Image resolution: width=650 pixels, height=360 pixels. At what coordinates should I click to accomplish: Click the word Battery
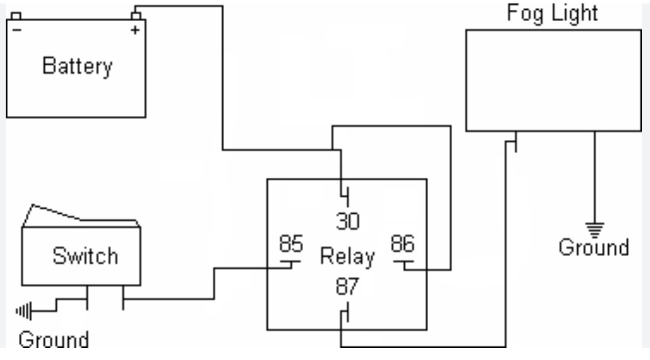(77, 66)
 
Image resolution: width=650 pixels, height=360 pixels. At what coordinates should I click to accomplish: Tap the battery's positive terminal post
(136, 14)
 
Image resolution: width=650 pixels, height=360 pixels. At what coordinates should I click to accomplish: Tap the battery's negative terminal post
(16, 15)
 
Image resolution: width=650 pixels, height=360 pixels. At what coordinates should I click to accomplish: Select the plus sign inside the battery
(135, 30)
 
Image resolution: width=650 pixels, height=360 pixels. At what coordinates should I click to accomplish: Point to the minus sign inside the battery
(17, 30)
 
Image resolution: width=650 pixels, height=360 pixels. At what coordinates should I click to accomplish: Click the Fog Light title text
(553, 13)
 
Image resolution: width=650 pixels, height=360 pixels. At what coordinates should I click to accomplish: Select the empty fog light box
(553, 80)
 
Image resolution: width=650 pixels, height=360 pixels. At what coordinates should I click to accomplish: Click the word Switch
(85, 255)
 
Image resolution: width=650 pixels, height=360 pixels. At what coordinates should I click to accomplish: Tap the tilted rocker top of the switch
(80, 215)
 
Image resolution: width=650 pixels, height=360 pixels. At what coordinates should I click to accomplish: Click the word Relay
(347, 256)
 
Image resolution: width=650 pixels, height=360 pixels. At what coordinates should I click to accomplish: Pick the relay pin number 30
(347, 221)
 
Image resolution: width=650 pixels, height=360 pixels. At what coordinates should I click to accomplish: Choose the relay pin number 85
(291, 244)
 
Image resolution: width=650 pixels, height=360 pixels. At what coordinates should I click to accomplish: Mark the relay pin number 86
(402, 244)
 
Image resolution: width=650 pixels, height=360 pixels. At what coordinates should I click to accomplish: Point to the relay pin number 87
(347, 286)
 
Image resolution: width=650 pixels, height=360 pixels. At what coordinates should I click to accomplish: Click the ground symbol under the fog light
(594, 229)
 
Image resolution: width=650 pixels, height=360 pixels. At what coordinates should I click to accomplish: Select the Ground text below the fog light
(594, 248)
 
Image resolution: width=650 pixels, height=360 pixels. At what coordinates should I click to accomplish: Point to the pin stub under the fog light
(516, 142)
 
